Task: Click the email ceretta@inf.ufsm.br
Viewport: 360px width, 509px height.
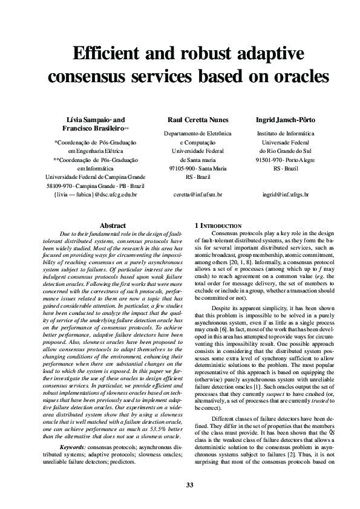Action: [x=197, y=195]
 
